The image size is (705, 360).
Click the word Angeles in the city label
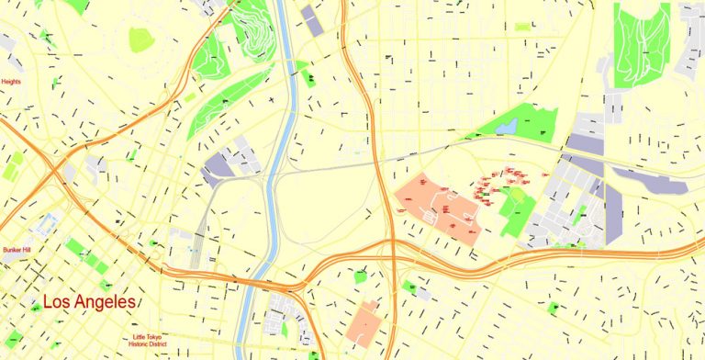(106, 301)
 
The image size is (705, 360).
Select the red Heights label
(11, 82)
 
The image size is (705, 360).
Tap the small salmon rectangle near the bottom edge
(364, 322)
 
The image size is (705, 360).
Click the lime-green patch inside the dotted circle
(140, 39)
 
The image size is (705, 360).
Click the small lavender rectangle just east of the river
(312, 21)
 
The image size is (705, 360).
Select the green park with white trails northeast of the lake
(641, 41)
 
